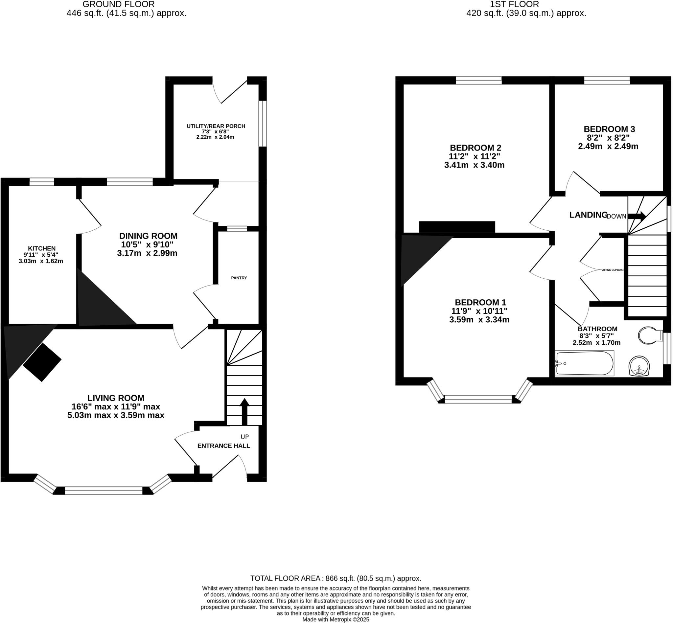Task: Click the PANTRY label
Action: [239, 278]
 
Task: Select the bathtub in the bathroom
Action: [584, 363]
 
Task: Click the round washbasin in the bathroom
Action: [639, 366]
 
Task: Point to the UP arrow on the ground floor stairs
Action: [244, 411]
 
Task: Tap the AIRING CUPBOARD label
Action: [613, 270]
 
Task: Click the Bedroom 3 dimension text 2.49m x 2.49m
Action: [608, 146]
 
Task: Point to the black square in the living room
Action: [42, 362]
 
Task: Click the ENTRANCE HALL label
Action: [223, 446]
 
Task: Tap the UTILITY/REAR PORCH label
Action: [216, 126]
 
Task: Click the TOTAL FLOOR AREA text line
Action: [336, 579]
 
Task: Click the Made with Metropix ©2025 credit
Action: [336, 620]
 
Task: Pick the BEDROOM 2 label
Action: [476, 148]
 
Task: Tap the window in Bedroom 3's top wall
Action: [607, 80]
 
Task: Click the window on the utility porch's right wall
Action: [262, 124]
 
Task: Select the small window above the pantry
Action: [237, 229]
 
